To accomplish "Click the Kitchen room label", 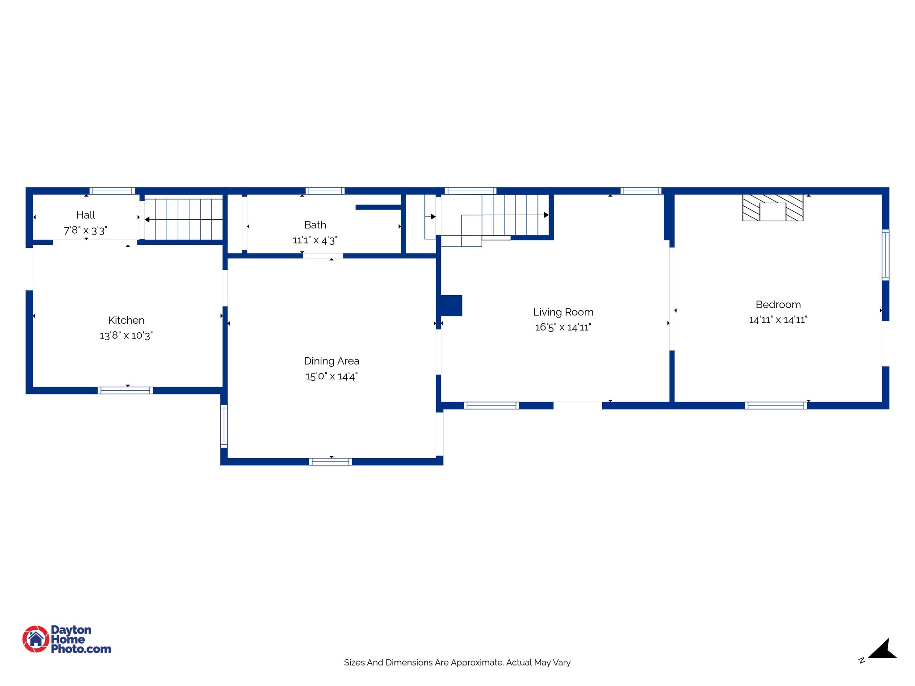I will [x=126, y=320].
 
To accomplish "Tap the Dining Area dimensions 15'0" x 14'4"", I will [x=332, y=376].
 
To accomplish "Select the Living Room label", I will [x=563, y=312].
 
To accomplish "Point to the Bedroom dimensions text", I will [x=778, y=320].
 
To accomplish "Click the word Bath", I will [x=315, y=225].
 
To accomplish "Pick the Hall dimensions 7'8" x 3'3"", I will [x=85, y=231].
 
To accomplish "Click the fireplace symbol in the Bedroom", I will [x=772, y=208].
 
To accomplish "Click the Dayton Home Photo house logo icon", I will [x=36, y=639].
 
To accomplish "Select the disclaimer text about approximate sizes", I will [x=457, y=663].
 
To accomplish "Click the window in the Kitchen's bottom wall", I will [x=125, y=391].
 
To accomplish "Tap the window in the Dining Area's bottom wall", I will [x=330, y=462].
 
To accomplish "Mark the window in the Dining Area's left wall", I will [x=224, y=426].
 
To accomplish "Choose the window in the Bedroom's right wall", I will [x=886, y=255].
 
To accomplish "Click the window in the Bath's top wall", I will [x=325, y=191].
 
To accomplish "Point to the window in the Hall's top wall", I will [x=112, y=191].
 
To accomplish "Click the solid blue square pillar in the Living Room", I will [x=451, y=305].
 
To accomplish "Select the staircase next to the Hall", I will [x=184, y=219].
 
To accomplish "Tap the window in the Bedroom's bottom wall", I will [x=776, y=406].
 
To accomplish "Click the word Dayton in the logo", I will [x=71, y=630].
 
